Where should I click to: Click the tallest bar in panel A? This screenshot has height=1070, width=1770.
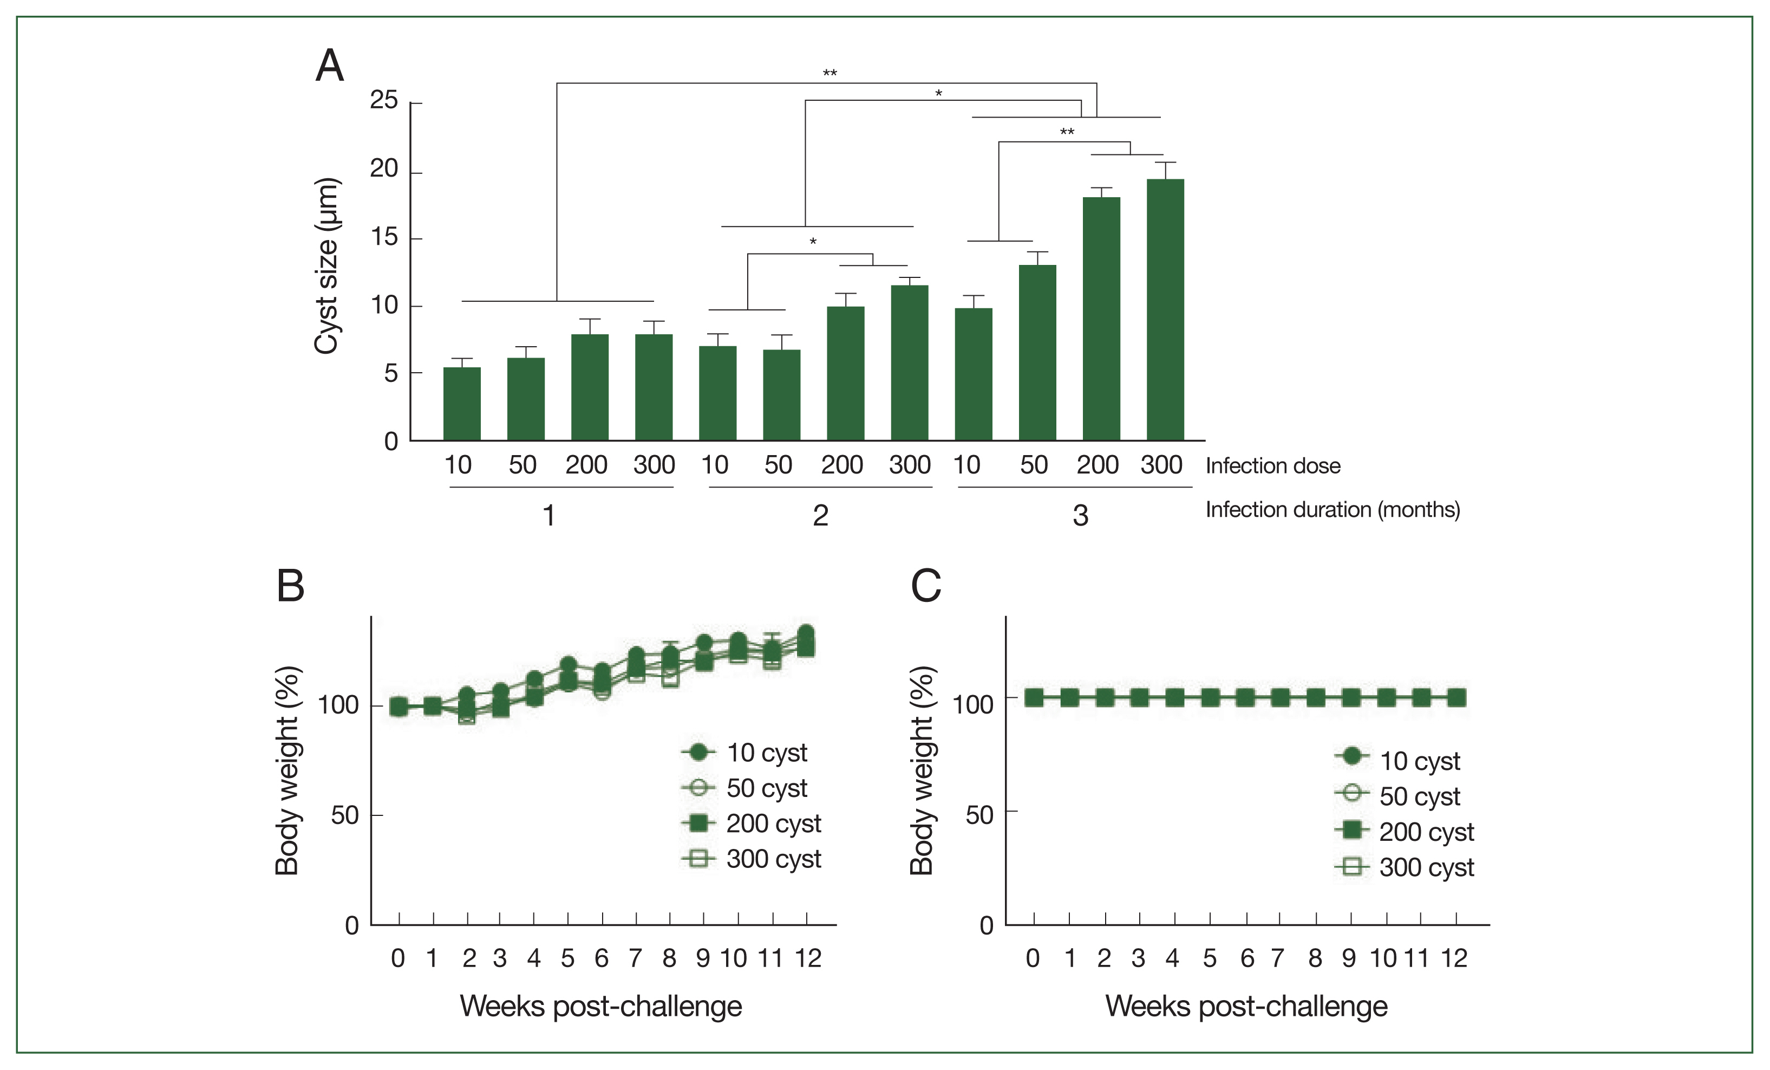[x=1165, y=309]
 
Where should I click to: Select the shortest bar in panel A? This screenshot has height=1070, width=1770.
[x=461, y=403]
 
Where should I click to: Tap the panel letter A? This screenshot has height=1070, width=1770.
[x=330, y=66]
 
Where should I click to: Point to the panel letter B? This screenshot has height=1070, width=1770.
[x=290, y=586]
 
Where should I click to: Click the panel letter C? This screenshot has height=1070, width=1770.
[x=925, y=586]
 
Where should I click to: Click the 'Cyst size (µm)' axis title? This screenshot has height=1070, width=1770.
[x=327, y=266]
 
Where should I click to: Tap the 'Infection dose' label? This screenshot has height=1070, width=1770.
[x=1272, y=466]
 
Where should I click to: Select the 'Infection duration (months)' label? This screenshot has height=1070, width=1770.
[x=1332, y=509]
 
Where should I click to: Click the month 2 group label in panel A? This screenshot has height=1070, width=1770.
[x=820, y=515]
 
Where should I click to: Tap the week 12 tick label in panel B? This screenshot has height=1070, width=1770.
[x=807, y=958]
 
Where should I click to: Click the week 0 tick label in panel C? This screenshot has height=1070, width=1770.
[x=1033, y=958]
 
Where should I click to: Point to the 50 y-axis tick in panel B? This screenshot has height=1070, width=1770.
[x=345, y=815]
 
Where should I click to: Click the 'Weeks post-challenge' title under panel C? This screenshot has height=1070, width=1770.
[x=1246, y=1006]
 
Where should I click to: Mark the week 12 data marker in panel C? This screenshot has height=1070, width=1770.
[x=1455, y=697]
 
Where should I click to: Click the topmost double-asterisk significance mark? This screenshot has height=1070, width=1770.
[x=830, y=73]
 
